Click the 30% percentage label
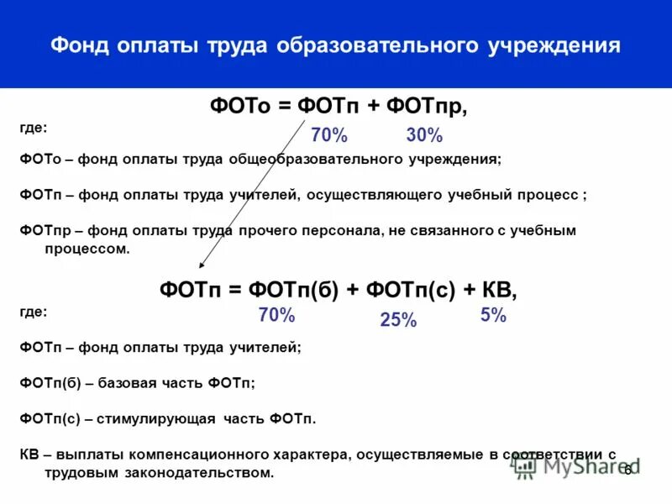pyautogui.click(x=424, y=135)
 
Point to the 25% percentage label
pyautogui.click(x=398, y=319)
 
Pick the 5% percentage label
pyautogui.click(x=493, y=315)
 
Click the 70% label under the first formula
pyautogui.click(x=328, y=135)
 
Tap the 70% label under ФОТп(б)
pyautogui.click(x=276, y=315)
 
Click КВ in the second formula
pyautogui.click(x=499, y=290)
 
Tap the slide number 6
pyautogui.click(x=627, y=470)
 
